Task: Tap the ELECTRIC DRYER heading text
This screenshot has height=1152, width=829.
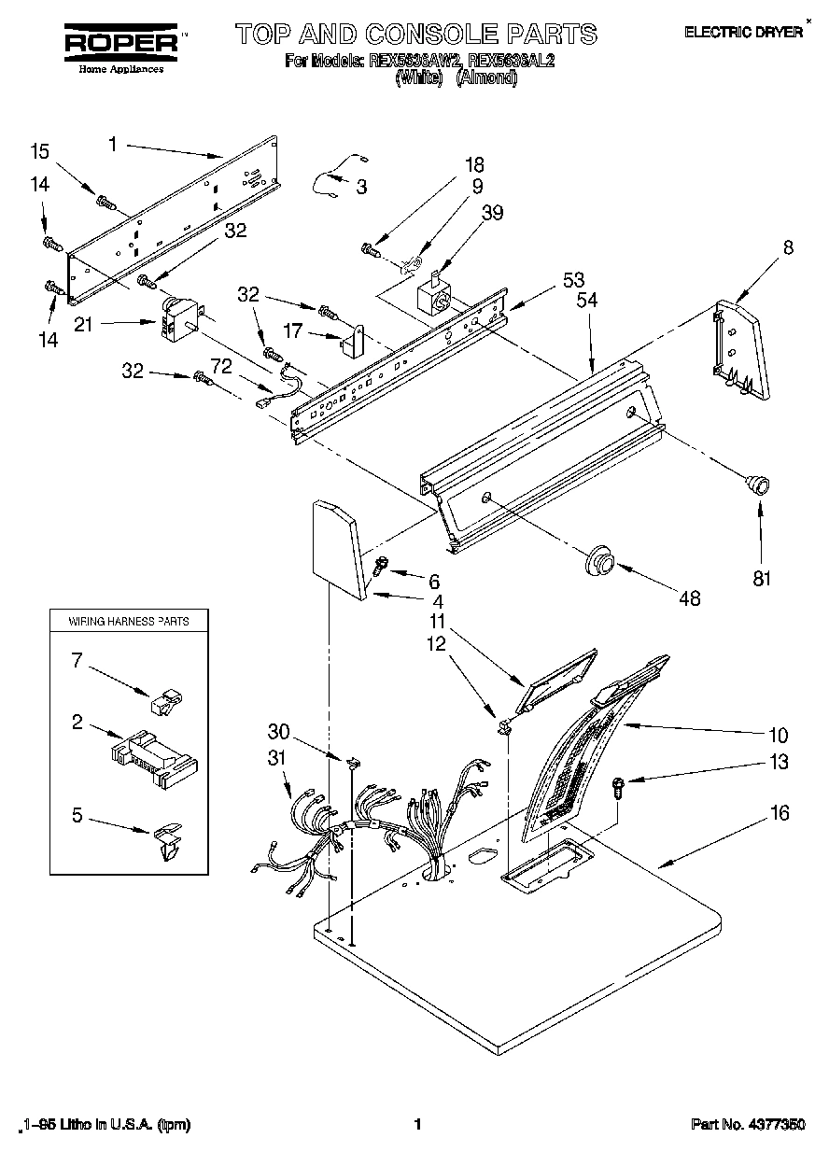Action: pos(744,32)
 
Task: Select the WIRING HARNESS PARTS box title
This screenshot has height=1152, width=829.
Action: pos(128,620)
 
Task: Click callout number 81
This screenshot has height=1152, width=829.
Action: pos(762,578)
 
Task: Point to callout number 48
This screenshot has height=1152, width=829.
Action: pos(690,598)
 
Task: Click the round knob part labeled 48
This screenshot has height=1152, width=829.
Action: pos(597,562)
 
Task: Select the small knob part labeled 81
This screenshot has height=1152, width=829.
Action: pos(756,484)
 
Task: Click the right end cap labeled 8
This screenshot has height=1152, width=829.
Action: pos(740,348)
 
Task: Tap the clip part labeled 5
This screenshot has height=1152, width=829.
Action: pos(165,837)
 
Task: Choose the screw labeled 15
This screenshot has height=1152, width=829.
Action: pos(105,200)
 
